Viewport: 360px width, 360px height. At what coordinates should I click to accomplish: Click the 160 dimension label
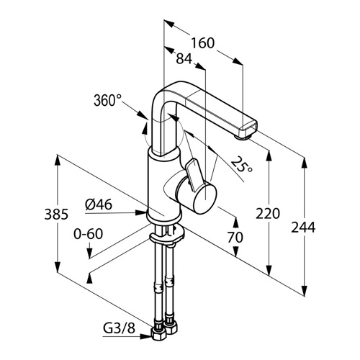(x=202, y=43)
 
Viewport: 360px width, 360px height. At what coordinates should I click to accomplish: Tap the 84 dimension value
(x=184, y=58)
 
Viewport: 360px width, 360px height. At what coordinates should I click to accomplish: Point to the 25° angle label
(x=242, y=165)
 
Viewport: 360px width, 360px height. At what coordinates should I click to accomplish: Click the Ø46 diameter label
(x=99, y=204)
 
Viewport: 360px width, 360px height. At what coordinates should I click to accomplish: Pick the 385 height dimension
(x=56, y=214)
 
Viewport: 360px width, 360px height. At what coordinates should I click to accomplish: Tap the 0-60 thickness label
(x=89, y=234)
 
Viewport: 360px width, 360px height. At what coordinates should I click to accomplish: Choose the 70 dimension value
(x=235, y=238)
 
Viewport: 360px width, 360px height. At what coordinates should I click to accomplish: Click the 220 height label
(x=268, y=214)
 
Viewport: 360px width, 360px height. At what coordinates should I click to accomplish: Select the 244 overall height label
(x=303, y=228)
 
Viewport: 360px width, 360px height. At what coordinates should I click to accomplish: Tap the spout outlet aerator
(x=243, y=137)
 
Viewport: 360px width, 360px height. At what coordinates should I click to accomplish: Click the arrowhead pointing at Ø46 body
(x=141, y=212)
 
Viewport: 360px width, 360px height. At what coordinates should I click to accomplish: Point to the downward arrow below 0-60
(x=89, y=251)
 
